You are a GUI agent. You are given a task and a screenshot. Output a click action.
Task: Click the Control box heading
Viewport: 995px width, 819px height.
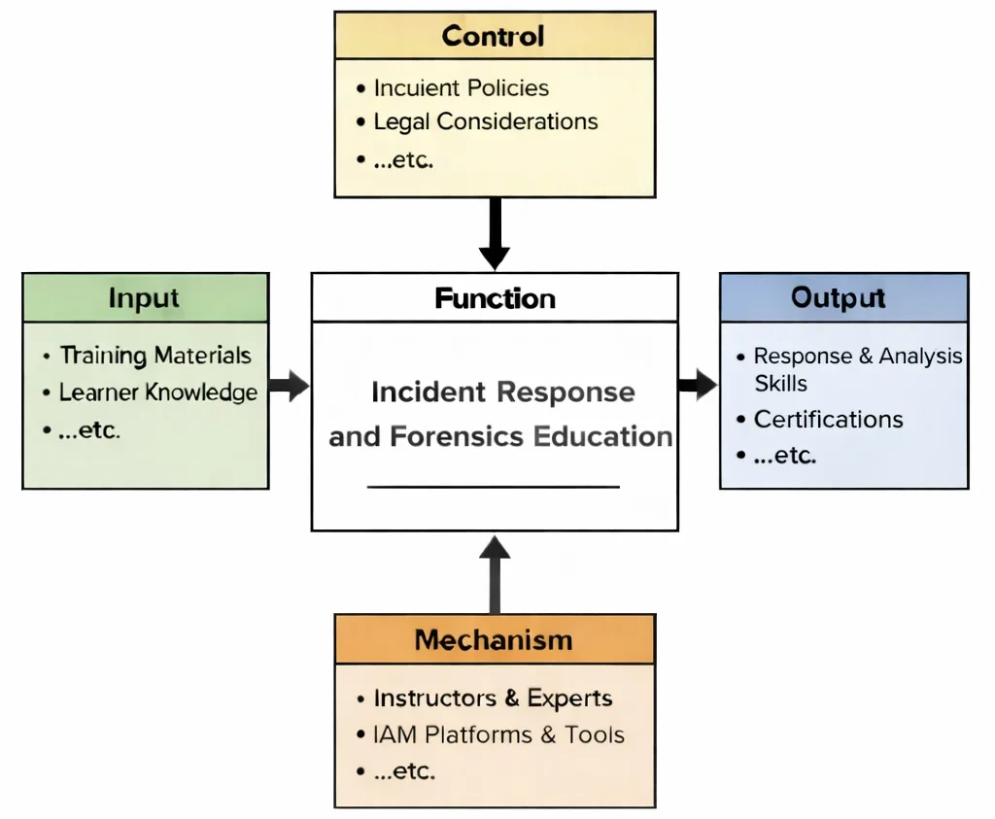(x=494, y=36)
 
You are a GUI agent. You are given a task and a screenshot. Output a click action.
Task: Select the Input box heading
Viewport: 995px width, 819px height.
(x=144, y=297)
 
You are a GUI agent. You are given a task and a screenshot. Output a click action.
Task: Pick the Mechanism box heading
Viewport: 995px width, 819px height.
(x=494, y=640)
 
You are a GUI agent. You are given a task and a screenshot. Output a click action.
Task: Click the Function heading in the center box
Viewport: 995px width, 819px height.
(x=495, y=297)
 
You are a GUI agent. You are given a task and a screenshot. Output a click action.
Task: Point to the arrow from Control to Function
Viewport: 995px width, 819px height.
(x=495, y=233)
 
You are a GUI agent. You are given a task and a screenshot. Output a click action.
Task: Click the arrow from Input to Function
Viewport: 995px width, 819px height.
(x=289, y=386)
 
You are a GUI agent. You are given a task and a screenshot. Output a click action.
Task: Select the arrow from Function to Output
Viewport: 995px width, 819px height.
(x=698, y=386)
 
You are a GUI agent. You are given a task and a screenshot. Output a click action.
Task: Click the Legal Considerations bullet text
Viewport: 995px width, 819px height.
(x=486, y=121)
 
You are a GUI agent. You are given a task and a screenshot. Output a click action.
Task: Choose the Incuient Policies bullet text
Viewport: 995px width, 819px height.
(x=462, y=87)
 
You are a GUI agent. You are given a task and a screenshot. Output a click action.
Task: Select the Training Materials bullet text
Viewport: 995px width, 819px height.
(x=155, y=356)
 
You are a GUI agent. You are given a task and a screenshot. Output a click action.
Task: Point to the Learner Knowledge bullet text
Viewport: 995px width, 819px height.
(x=158, y=392)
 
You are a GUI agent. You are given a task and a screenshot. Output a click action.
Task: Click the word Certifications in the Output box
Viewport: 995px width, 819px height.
(x=828, y=420)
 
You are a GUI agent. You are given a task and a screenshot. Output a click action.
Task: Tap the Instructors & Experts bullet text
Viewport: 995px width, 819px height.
(x=493, y=699)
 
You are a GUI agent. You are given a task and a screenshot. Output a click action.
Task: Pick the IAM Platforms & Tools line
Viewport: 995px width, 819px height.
(x=498, y=734)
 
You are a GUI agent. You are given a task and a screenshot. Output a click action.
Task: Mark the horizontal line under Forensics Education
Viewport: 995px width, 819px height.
(x=494, y=486)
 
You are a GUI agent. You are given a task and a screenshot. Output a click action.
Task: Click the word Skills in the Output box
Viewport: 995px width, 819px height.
(x=780, y=383)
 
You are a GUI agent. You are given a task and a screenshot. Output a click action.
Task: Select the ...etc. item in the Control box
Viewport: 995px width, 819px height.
(x=403, y=159)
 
